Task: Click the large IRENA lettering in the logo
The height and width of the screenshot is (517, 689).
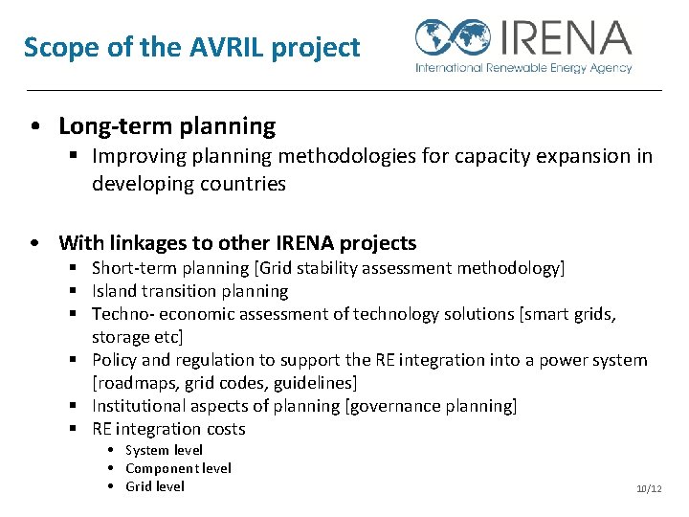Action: click(x=563, y=38)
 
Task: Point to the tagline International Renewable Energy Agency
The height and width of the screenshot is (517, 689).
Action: click(x=523, y=68)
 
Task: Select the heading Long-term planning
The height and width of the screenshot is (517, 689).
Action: click(x=167, y=126)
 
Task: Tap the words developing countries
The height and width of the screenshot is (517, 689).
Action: click(x=189, y=184)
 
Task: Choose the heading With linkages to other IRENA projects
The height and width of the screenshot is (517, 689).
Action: click(x=237, y=243)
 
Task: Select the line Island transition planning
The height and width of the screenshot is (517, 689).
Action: click(x=189, y=291)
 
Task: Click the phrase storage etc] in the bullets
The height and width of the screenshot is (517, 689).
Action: click(x=137, y=337)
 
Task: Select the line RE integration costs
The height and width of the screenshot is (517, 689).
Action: click(x=168, y=429)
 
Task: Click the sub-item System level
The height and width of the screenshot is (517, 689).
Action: click(x=164, y=450)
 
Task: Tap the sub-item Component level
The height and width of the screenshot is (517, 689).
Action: click(x=178, y=468)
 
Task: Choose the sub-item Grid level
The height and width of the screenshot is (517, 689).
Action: click(x=154, y=486)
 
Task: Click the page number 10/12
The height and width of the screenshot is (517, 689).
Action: click(x=649, y=489)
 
